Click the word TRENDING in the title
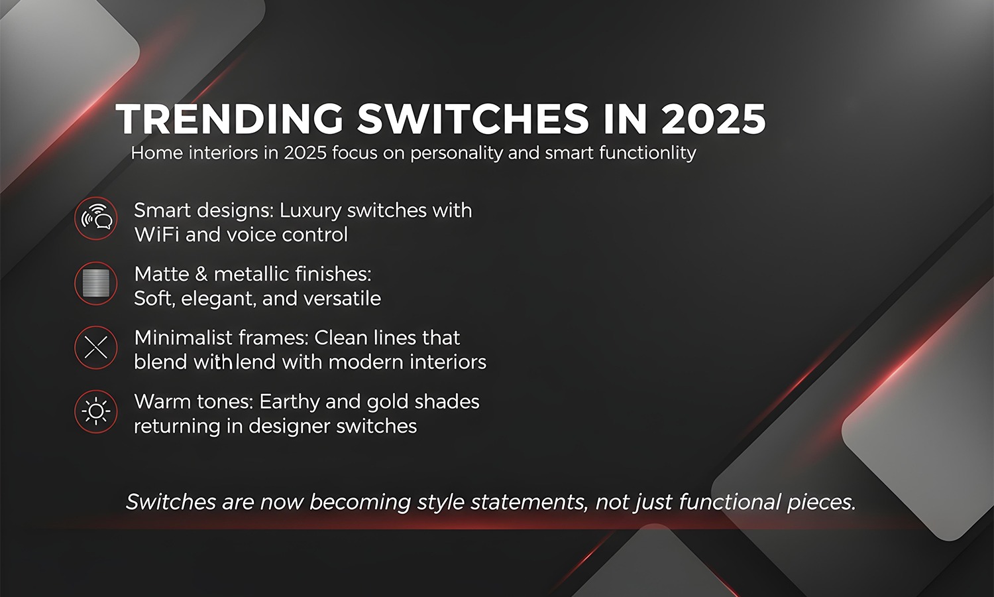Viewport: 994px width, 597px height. pyautogui.click(x=229, y=119)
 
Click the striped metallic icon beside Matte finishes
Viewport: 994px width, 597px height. pyautogui.click(x=96, y=283)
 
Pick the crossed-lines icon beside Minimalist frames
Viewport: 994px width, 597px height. pyautogui.click(x=96, y=347)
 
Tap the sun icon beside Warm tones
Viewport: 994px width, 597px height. pyautogui.click(x=96, y=411)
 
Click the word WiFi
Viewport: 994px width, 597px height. pyautogui.click(x=156, y=235)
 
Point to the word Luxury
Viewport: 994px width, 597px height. pyautogui.click(x=310, y=211)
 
